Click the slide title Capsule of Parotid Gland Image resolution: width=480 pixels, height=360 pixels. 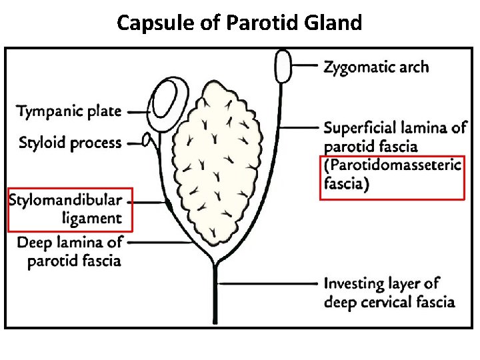tap(239, 23)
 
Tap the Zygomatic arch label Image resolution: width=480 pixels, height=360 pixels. tap(376, 67)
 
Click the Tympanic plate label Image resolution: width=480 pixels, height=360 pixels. tap(69, 111)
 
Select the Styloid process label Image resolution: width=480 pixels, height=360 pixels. tap(70, 143)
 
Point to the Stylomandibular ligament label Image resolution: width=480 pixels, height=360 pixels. tap(66, 209)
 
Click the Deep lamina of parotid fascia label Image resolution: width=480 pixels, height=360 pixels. tap(70, 251)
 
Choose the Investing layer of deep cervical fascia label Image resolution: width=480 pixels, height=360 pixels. tap(389, 293)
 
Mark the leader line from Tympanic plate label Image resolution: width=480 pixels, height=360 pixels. tap(138, 112)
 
